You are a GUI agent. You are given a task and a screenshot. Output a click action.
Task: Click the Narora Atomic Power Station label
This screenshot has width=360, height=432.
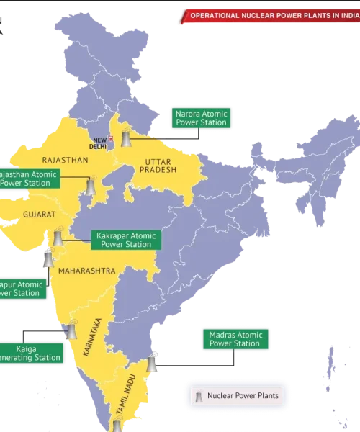pyautogui.click(x=201, y=118)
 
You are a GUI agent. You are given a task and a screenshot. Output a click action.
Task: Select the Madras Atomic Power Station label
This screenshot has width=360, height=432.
pyautogui.click(x=235, y=339)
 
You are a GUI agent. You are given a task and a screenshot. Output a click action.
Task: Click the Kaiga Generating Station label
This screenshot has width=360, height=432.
pyautogui.click(x=29, y=353)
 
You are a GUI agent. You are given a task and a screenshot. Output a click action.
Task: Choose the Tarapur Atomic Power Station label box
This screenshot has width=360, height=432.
pyautogui.click(x=21, y=288)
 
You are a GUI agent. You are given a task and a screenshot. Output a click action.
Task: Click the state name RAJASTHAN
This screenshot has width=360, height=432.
pyautogui.click(x=65, y=159)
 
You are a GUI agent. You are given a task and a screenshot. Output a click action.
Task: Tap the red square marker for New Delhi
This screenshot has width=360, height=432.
pyautogui.click(x=110, y=138)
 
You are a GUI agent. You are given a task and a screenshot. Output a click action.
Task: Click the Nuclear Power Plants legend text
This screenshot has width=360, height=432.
pyautogui.click(x=242, y=395)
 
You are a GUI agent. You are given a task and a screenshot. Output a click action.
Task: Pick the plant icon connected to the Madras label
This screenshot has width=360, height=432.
pyautogui.click(x=151, y=364)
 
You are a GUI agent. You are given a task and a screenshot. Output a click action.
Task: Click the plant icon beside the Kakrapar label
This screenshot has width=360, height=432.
pyautogui.click(x=58, y=236)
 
